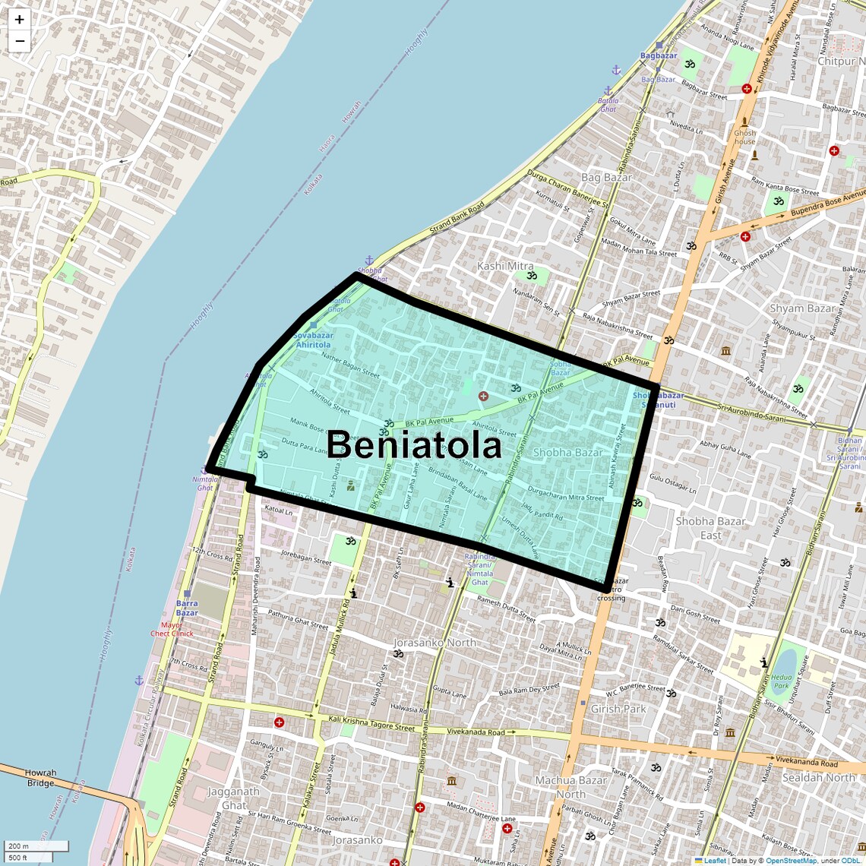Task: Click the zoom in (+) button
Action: coord(19,20)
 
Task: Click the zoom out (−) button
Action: coord(19,41)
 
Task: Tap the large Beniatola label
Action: coord(414,445)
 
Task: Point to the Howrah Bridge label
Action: coord(40,778)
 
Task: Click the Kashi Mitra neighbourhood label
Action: coord(505,266)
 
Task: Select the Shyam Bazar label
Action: coord(802,308)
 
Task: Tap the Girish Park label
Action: coord(618,709)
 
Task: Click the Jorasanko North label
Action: coord(435,643)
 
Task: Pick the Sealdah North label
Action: coord(818,777)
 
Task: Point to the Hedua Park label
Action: coord(782,681)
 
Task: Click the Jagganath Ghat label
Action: coord(234,798)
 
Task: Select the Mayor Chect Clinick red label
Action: coord(172,629)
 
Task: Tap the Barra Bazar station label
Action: coord(187,608)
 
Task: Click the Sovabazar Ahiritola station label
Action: coord(313,340)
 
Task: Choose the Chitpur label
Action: coord(840,61)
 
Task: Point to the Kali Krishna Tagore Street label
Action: coord(372,722)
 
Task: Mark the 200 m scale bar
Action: coord(36,846)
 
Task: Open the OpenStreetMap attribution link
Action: coord(790,861)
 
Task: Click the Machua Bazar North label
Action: coord(571,787)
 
